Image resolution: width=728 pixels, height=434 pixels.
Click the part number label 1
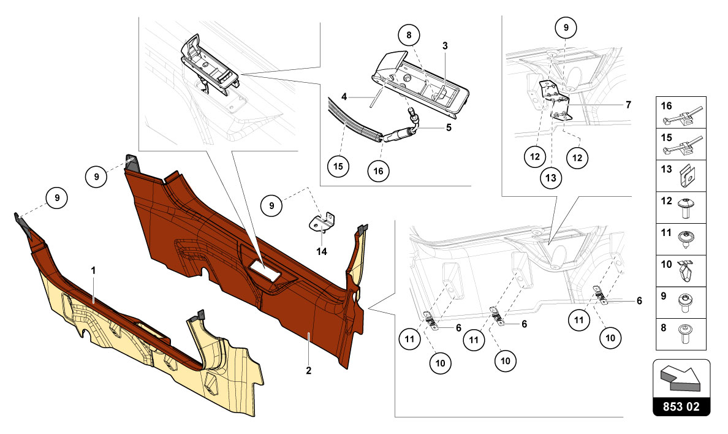click(93, 270)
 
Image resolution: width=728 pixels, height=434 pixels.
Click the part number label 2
click(309, 370)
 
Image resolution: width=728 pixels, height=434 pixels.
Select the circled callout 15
click(338, 166)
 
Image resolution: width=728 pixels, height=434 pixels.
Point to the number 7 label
click(628, 105)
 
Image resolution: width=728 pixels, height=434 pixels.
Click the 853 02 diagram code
click(682, 406)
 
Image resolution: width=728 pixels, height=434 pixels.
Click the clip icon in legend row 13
click(689, 177)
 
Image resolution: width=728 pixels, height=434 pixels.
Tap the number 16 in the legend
click(667, 106)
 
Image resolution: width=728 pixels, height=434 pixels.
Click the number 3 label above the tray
click(445, 45)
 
